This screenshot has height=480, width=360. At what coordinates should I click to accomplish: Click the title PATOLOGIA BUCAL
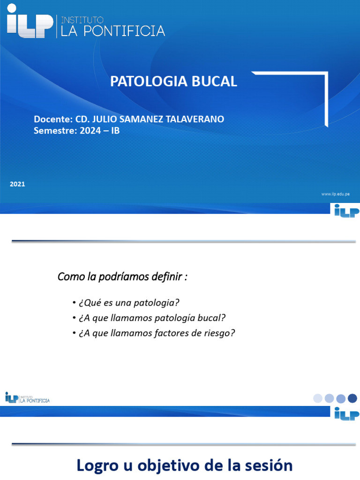173,82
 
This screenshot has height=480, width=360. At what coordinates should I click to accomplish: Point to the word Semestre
52,131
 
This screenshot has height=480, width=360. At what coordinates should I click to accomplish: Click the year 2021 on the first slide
17,184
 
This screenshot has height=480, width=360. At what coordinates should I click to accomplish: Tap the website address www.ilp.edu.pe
336,194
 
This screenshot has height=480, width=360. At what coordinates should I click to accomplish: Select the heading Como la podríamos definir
122,277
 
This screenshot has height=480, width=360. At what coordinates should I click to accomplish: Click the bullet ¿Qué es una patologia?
127,302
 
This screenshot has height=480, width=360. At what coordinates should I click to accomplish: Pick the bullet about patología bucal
149,318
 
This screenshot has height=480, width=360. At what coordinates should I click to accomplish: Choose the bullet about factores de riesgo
154,333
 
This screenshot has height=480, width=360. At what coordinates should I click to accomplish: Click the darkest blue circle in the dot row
352,398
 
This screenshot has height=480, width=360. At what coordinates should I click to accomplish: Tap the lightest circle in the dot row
318,398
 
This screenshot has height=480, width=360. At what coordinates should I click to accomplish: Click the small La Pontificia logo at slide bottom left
27,398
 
